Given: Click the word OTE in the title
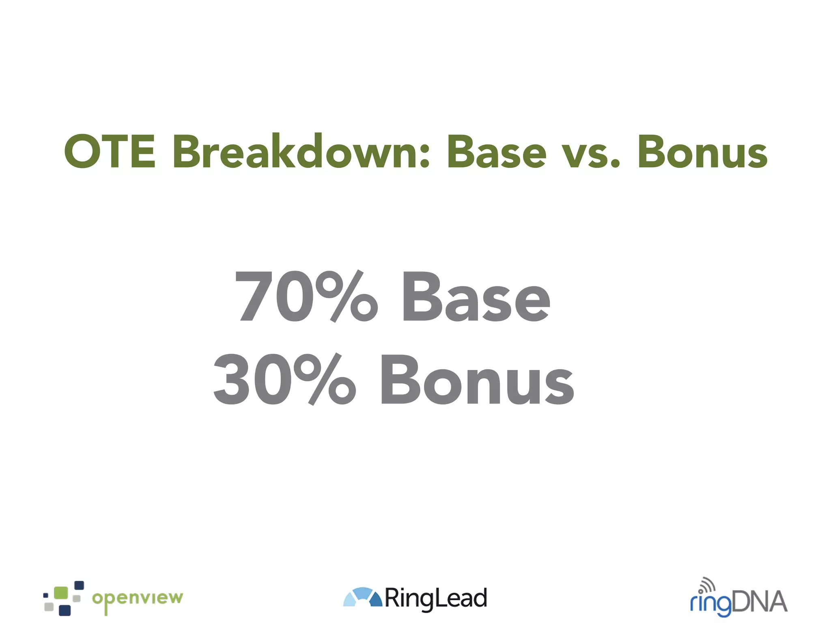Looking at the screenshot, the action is point(110,152).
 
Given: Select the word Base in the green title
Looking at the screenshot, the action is point(497,152).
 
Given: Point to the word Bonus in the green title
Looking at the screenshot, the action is point(702,152).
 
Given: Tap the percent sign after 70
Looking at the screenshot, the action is point(347,296).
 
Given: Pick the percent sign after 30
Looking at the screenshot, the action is point(325,379).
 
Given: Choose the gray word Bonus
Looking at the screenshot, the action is point(477,380).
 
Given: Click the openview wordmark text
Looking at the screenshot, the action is point(138,599).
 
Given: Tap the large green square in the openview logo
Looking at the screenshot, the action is point(61,593).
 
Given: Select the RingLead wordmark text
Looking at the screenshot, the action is point(435,598).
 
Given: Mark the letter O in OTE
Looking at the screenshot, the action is point(82,152).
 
